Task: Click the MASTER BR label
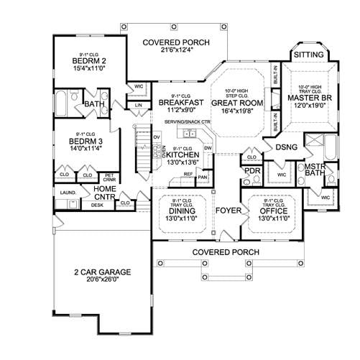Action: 308,97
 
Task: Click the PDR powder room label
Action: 251,171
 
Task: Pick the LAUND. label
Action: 69,193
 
